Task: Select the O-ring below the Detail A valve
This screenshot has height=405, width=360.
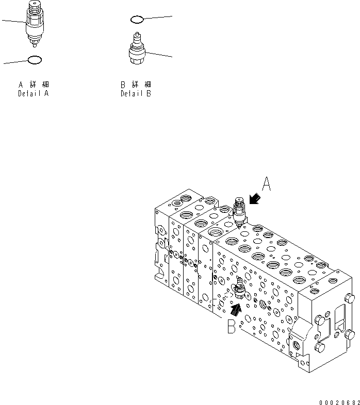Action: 34,60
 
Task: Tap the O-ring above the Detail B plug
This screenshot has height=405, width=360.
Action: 136,20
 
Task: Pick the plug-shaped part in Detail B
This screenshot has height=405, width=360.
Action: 137,50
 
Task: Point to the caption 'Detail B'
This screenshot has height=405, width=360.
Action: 136,94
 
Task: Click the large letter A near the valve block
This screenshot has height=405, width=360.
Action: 266,184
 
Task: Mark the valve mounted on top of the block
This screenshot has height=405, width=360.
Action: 239,211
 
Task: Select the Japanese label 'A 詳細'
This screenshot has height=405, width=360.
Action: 34,84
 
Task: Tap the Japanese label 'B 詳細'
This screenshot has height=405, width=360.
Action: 136,84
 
